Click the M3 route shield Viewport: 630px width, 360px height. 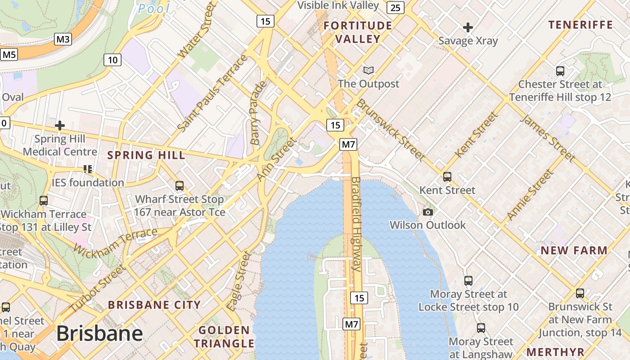coord(63,39)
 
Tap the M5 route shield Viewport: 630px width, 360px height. coord(9,55)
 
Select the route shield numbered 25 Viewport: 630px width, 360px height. coord(395,7)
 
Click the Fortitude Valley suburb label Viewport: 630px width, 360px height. coord(358,32)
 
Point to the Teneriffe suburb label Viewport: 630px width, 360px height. coord(580,25)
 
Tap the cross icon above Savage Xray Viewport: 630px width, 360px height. coord(468,27)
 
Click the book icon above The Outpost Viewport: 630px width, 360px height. coord(369,70)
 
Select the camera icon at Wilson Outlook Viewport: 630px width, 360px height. coord(428,212)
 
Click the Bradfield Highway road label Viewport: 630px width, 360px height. coord(356,224)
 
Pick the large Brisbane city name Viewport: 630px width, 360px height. coord(99,334)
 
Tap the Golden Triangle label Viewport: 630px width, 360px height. coord(224,337)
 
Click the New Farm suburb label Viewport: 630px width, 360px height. coord(574,251)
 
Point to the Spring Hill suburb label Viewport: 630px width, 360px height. coord(146,156)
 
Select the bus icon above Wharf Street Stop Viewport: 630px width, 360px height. coord(180,185)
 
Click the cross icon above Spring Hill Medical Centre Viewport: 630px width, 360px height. coord(60,125)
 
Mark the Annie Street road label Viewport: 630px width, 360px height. coord(529,195)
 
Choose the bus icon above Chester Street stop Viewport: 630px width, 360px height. coord(560,71)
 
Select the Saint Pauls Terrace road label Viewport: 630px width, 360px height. coord(212,94)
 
